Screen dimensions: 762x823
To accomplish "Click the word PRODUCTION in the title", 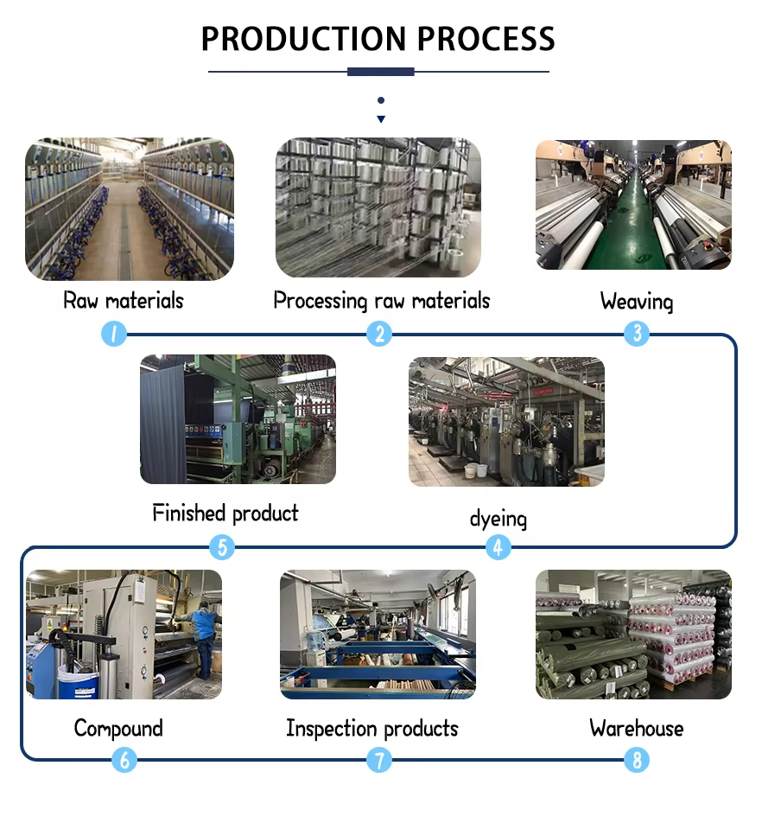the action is [x=303, y=38].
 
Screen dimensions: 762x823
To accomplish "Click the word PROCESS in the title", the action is [x=486, y=38].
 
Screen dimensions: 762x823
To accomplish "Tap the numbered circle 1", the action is [x=114, y=334].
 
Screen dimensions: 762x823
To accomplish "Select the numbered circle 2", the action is [x=379, y=334].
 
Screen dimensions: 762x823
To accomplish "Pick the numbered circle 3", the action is [x=637, y=334].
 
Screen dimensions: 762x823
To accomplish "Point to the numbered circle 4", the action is [x=498, y=547].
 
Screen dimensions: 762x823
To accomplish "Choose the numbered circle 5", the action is [x=222, y=547].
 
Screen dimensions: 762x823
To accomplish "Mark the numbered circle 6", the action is [x=124, y=760].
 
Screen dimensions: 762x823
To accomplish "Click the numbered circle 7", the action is [x=379, y=760].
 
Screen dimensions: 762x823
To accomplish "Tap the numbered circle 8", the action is [x=637, y=760].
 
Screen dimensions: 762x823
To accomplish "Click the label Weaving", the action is [x=637, y=302].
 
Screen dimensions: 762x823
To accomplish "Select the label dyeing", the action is [x=498, y=519].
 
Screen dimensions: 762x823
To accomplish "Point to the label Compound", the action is [x=118, y=729].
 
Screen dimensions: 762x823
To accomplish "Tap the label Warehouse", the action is [x=637, y=729].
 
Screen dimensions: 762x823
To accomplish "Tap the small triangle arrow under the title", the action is [x=381, y=119].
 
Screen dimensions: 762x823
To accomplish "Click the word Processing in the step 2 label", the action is [x=321, y=301].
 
